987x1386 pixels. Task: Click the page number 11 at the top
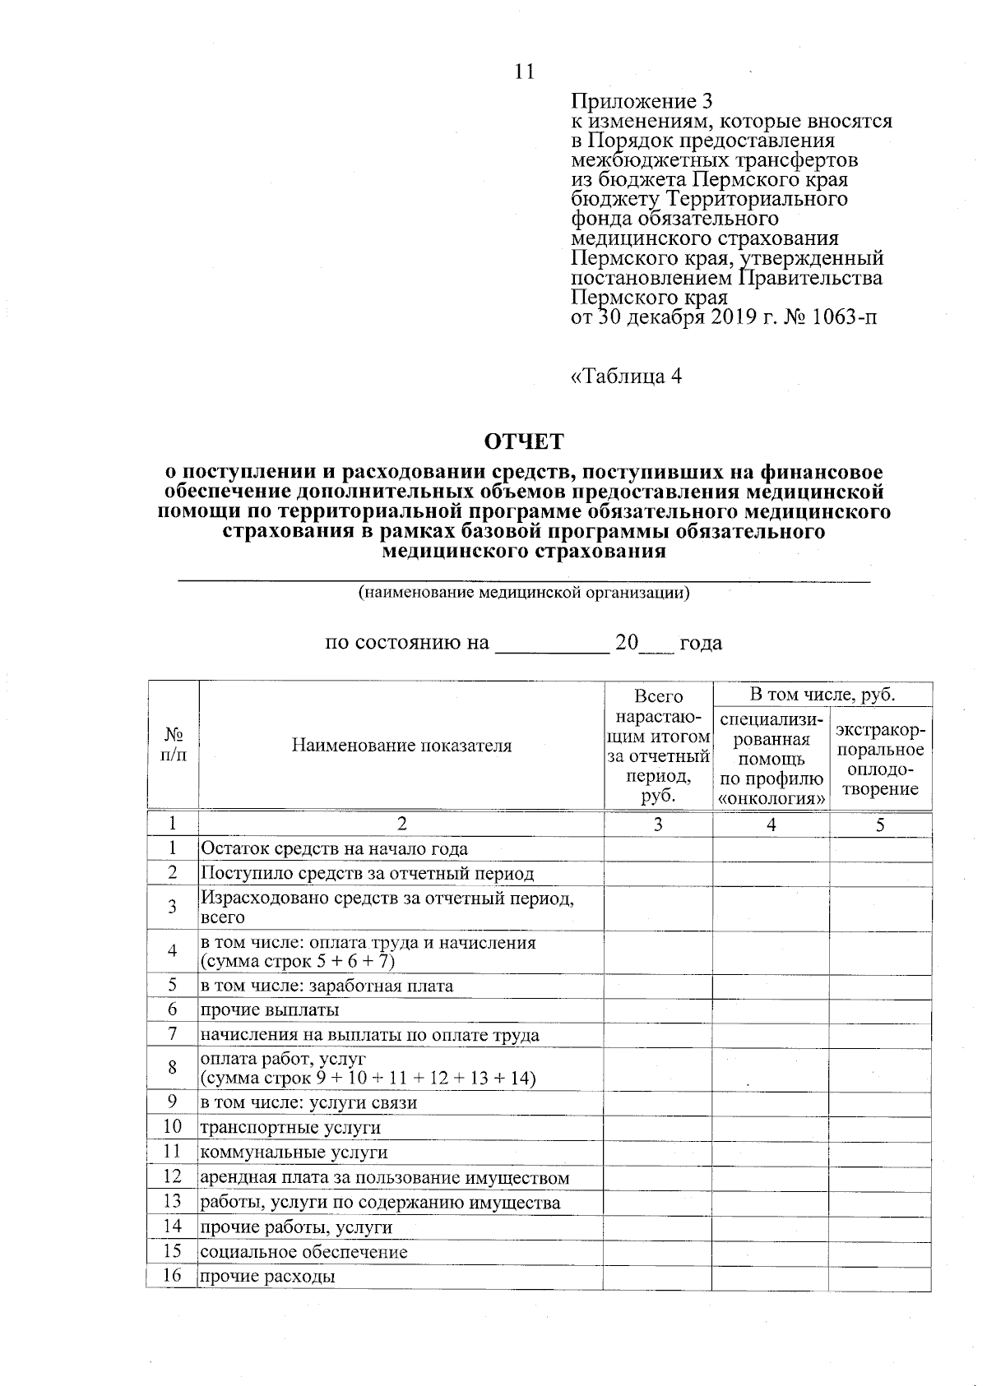click(525, 72)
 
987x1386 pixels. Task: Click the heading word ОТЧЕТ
click(524, 442)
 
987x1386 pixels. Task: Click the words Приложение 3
click(642, 101)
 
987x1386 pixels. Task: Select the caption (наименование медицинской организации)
click(523, 593)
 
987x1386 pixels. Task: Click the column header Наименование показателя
click(401, 746)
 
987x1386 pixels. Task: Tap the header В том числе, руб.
click(822, 695)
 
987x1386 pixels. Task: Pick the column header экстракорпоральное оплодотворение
click(880, 760)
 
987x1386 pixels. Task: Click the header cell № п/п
click(173, 744)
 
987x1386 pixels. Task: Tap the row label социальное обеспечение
click(304, 1252)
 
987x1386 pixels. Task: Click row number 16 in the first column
click(172, 1276)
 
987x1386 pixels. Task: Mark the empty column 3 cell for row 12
click(658, 1177)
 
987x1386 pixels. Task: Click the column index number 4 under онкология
click(771, 825)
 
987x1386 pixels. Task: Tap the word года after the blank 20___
click(701, 643)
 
